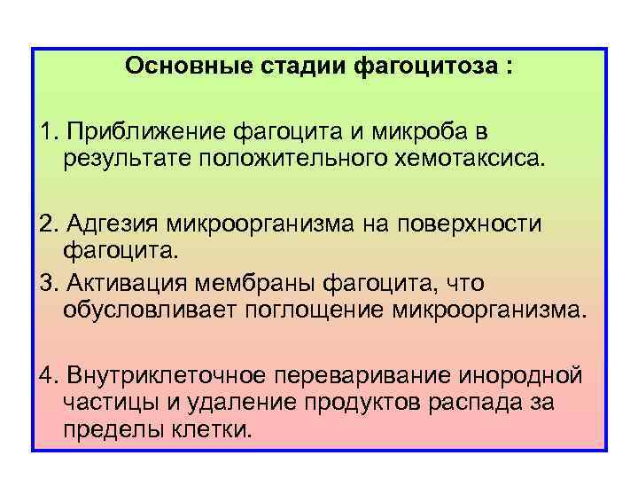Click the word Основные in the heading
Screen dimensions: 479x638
click(178, 67)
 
